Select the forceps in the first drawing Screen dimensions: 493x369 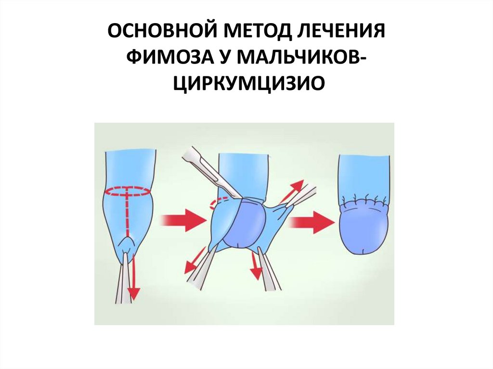click(x=123, y=279)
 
